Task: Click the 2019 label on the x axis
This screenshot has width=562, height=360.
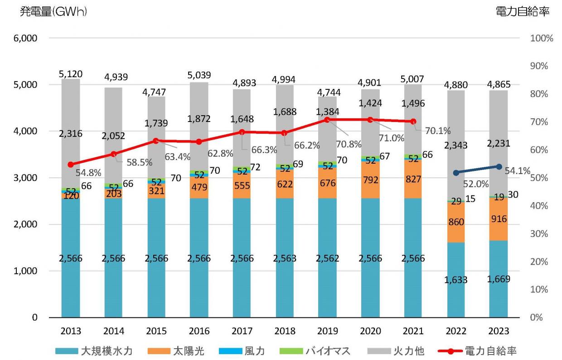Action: [x=327, y=331]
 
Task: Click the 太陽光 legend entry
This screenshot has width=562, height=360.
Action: [x=176, y=350]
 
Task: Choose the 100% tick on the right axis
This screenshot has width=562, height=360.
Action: [x=541, y=39]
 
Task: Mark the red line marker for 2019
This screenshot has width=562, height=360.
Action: [x=327, y=120]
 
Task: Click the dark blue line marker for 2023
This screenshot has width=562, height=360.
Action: [x=499, y=166]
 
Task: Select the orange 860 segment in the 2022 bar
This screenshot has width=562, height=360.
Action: [x=456, y=222]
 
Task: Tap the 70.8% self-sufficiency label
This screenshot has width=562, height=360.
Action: [x=349, y=145]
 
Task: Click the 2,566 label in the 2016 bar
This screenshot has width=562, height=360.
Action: [x=199, y=258]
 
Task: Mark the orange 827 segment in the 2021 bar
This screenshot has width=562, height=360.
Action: [x=413, y=179]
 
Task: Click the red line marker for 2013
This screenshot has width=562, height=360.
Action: [x=70, y=165]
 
